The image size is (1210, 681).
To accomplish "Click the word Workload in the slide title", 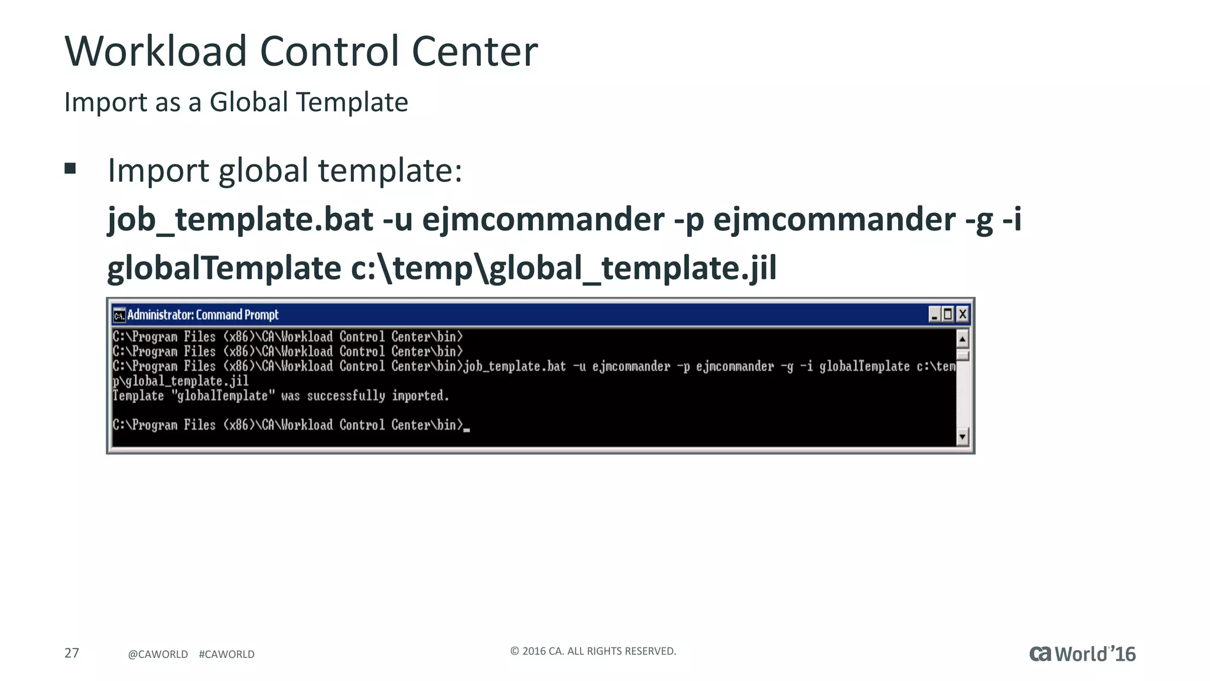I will (x=155, y=51).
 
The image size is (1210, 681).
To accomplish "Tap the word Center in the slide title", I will (x=474, y=51).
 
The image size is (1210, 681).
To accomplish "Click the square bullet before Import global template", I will (x=70, y=169).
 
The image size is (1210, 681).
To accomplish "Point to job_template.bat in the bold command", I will (x=240, y=219).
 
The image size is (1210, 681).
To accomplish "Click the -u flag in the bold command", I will (x=397, y=219).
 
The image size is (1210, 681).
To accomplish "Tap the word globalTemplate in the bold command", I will (x=224, y=268).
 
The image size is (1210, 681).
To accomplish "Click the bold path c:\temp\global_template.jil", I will (x=564, y=268).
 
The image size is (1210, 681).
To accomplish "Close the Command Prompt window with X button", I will (x=962, y=314).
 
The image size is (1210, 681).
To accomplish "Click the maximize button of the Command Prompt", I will (x=948, y=314).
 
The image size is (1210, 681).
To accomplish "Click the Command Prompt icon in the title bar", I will (x=119, y=315).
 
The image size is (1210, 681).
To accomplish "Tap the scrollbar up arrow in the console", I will (x=962, y=339).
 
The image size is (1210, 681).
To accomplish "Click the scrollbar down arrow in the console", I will (x=962, y=437).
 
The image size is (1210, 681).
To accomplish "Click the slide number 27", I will (x=71, y=653).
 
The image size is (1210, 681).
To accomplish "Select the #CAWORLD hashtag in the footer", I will (x=227, y=654).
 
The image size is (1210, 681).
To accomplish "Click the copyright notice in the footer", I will (x=593, y=651).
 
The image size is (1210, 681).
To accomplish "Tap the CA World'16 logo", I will (x=1082, y=654).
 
